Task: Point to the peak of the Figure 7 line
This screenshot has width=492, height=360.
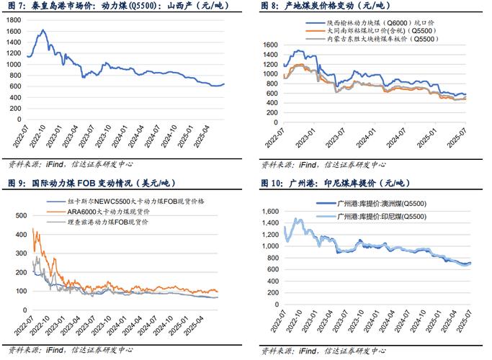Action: click(x=43, y=30)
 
